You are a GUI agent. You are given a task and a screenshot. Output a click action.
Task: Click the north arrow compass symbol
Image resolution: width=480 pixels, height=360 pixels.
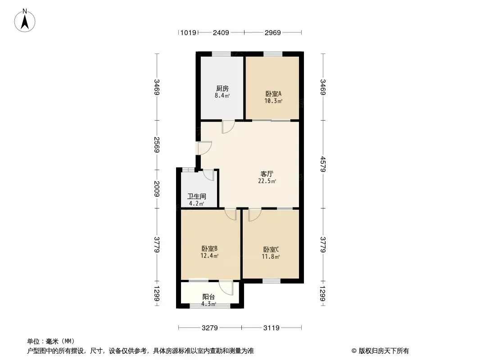[x=25, y=21]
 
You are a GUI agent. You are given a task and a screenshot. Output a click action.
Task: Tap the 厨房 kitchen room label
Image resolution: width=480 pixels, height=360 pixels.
[x=222, y=88]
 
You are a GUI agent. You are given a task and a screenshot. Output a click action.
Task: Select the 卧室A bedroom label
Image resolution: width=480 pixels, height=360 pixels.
[x=273, y=94]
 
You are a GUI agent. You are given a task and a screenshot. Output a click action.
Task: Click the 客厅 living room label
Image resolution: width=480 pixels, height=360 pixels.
[x=267, y=174]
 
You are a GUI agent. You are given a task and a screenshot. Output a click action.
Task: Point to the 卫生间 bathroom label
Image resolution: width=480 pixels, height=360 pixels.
[x=196, y=196]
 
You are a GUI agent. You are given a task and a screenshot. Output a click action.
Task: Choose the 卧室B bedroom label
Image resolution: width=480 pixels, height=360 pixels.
[x=209, y=248]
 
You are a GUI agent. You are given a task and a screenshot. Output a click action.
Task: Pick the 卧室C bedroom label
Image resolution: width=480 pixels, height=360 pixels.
[x=271, y=250]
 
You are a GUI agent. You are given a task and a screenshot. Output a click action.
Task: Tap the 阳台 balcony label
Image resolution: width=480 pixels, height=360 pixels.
[x=208, y=297]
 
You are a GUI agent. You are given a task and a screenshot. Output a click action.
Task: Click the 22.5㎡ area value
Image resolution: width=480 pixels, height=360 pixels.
[x=267, y=181]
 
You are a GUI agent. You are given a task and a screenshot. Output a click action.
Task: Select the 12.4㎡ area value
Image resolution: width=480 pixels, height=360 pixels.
[x=209, y=256]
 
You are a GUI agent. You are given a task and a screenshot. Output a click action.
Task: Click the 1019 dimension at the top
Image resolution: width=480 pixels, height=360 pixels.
[x=188, y=32]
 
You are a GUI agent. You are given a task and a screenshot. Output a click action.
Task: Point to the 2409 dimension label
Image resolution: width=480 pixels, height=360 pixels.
[x=221, y=32]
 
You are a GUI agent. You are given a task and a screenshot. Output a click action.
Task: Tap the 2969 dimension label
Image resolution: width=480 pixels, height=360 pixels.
[x=273, y=32]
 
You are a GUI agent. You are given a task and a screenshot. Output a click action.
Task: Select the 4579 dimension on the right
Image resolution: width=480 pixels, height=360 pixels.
[x=323, y=164]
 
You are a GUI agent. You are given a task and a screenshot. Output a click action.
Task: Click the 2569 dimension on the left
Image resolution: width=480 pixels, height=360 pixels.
[x=157, y=145]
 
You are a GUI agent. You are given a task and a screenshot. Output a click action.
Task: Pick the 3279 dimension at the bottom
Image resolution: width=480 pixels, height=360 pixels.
[x=210, y=328]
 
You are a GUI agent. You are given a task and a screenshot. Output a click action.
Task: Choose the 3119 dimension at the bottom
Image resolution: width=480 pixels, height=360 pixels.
[x=272, y=328]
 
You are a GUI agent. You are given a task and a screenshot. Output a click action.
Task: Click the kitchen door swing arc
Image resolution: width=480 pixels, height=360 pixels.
[x=231, y=130]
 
